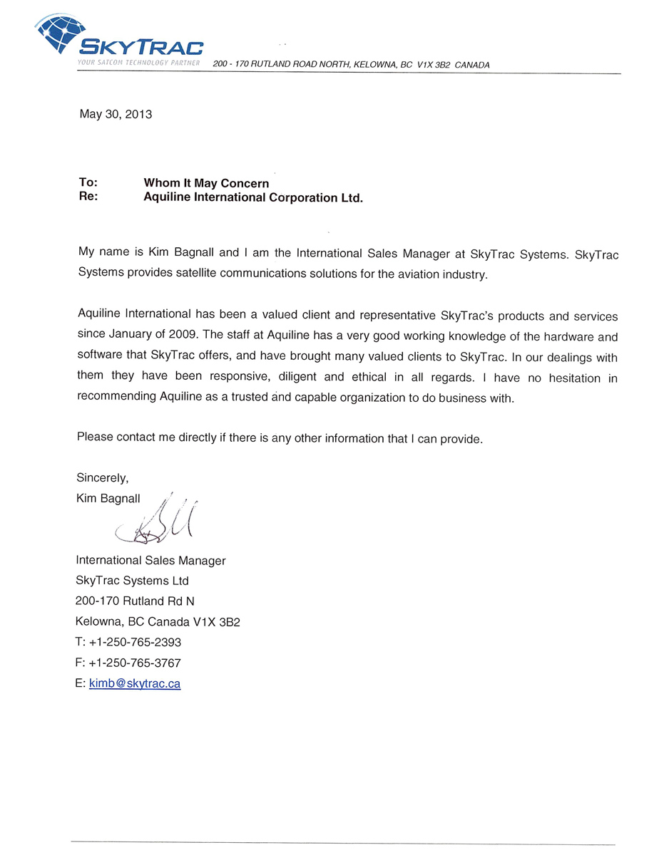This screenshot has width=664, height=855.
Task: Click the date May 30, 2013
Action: [x=116, y=114]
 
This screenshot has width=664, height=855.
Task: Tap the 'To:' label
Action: [x=88, y=183]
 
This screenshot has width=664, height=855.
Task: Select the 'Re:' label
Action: [x=88, y=197]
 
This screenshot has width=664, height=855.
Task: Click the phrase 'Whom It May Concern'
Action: [x=206, y=184]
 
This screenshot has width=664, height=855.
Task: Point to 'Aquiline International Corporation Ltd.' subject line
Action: [x=253, y=198]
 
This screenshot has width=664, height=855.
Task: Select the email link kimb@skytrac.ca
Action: [x=135, y=683]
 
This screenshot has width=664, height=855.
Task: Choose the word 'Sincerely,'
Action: [x=102, y=477]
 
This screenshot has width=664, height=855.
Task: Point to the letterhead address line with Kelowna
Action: [x=351, y=65]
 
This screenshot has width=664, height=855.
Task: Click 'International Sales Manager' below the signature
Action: [x=150, y=561]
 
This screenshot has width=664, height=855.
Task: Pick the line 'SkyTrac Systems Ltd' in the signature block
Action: [x=132, y=581]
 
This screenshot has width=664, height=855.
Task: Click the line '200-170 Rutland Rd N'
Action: [x=135, y=601]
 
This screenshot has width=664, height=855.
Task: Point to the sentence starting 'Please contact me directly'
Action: [x=280, y=437]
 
